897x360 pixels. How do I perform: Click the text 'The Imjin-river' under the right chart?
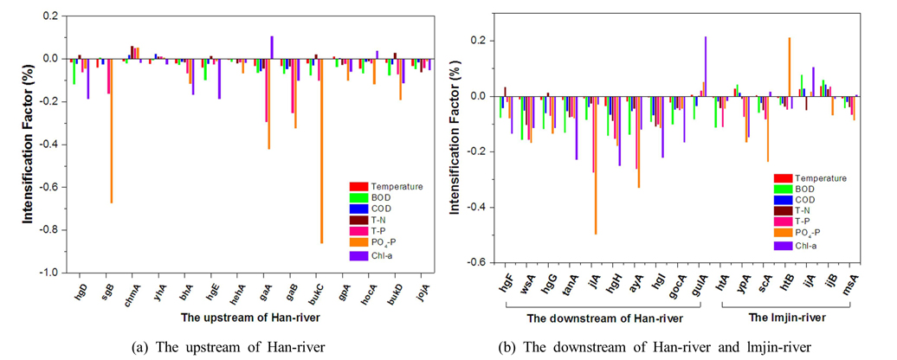point(785,318)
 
